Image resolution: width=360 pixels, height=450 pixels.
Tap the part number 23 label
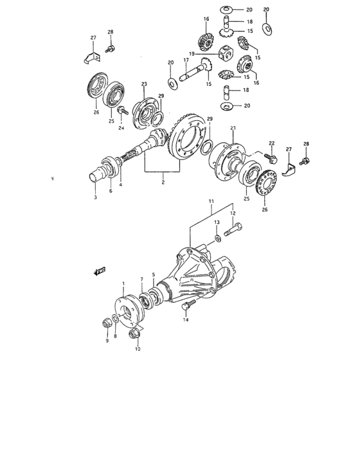[x=144, y=84]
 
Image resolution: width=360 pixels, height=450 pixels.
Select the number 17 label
[x=185, y=60]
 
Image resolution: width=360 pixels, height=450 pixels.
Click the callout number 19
[x=192, y=53]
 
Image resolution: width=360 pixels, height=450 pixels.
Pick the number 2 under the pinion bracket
[x=163, y=183]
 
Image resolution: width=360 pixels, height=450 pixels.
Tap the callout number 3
[x=95, y=197]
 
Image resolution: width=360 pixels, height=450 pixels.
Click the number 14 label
[x=186, y=319]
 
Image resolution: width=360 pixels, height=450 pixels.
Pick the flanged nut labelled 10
[x=134, y=334]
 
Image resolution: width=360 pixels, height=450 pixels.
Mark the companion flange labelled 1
[x=126, y=308]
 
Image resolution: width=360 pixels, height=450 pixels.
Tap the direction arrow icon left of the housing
[x=100, y=272]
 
